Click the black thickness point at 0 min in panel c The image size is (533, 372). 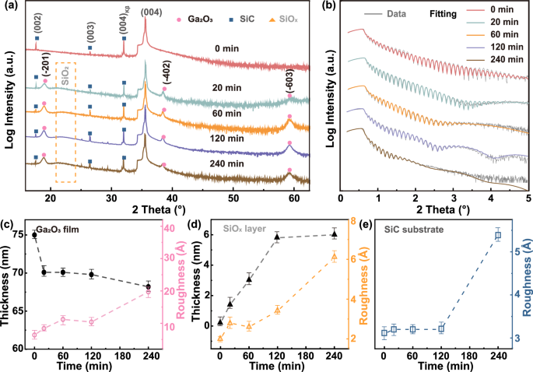tap(34, 234)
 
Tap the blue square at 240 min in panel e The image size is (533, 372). tap(498, 235)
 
